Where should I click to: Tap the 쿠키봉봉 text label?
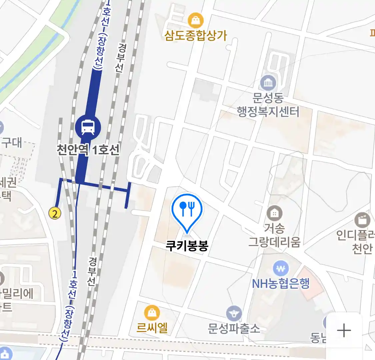pos(187,246)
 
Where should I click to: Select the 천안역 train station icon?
pos(88,127)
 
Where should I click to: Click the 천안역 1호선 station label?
pos(88,150)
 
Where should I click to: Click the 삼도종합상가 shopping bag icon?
pos(196,21)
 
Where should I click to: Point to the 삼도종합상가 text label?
pos(196,35)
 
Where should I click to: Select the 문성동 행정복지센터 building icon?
pos(268,82)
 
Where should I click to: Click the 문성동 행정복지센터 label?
pos(268,105)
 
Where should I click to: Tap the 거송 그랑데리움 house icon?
pos(274,213)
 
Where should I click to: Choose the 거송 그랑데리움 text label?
pos(274,235)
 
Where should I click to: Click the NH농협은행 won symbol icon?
pos(281,268)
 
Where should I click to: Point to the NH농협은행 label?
pos(281,284)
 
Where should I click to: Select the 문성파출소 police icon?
pos(234,313)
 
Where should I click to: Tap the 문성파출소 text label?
pos(234,329)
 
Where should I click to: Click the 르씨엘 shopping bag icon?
pos(152,313)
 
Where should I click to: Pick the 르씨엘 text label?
pos(152,328)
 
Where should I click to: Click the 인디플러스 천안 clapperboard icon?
pos(362,220)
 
